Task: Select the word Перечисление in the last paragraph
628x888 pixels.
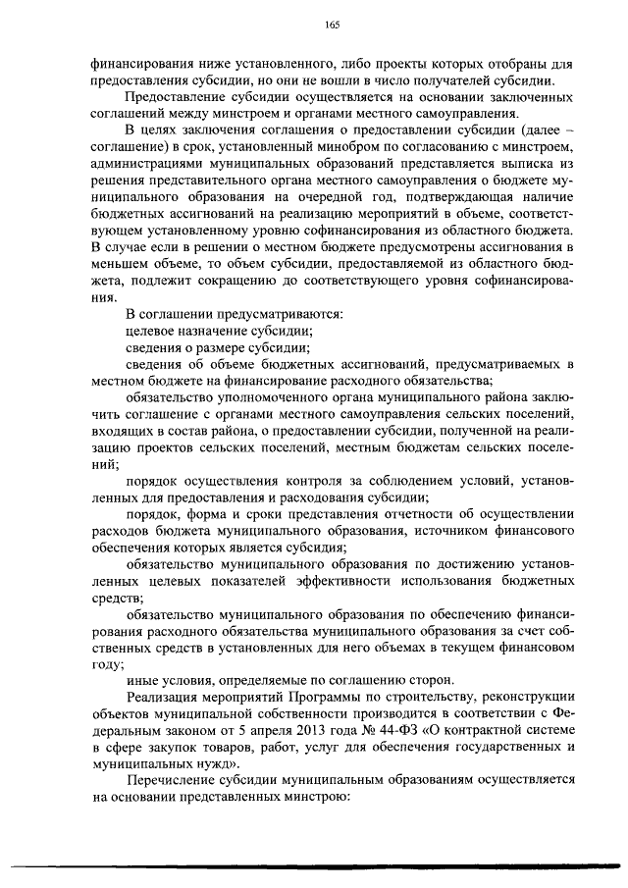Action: click(173, 779)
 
